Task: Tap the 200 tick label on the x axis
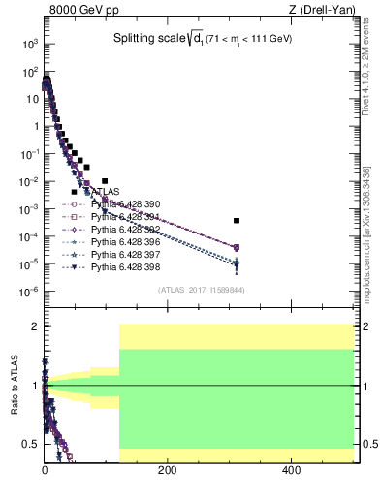pos(168,473)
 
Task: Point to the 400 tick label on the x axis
pos(292,473)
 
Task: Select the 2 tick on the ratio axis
pos(34,326)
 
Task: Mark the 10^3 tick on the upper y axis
pos(29,44)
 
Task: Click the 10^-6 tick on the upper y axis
pos(28,292)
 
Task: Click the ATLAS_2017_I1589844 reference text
pos(200,289)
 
